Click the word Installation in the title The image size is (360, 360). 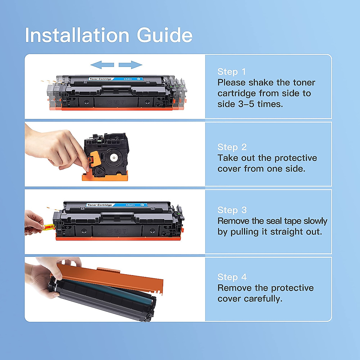pos(77,35)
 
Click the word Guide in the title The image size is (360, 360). pos(165,35)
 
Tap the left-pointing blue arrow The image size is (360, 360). pos(102,64)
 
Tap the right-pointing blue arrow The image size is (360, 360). pos(130,64)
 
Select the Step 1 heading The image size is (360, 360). pos(231,72)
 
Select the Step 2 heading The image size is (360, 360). pos(232,147)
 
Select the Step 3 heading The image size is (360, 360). pos(232,210)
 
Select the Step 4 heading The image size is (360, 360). pos(232,277)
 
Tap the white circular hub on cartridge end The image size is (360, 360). pos(114,157)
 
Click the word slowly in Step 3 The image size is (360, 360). pos(315,221)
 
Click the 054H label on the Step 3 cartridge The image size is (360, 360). pos(130,205)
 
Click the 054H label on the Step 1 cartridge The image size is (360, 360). pos(128,79)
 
